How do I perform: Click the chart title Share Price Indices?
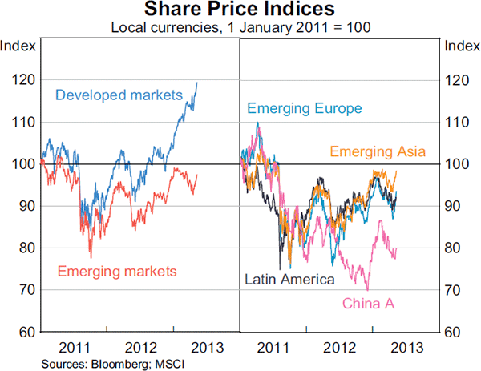coord(240,10)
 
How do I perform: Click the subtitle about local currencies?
coord(240,28)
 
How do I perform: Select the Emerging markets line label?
coord(116,272)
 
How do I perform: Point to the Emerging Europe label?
coord(305,108)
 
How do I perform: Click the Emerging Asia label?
coord(377,151)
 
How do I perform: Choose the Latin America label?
coord(289,280)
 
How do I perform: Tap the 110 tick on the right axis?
coord(456,122)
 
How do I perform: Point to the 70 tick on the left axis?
coord(24,289)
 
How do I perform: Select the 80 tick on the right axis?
coord(456,248)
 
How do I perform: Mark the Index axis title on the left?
coord(18,45)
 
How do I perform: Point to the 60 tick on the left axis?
coord(24,331)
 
